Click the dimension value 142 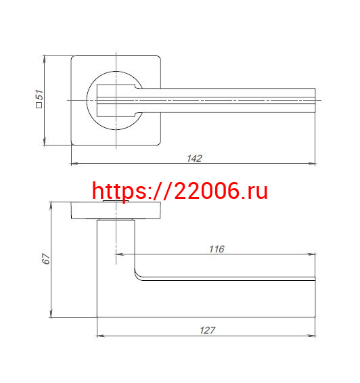(194, 158)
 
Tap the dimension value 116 (217, 249)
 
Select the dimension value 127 (208, 330)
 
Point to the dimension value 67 (46, 259)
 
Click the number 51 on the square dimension (39, 95)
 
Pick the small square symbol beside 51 (39, 105)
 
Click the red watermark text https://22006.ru (180, 191)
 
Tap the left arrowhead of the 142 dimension (74, 163)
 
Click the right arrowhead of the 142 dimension (312, 163)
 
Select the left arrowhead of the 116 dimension (119, 254)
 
